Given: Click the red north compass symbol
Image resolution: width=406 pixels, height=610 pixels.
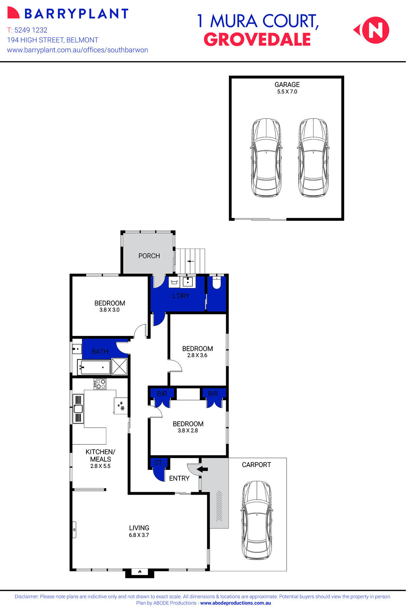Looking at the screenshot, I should (375, 30).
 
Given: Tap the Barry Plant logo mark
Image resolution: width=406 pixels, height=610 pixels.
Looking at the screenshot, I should (13, 13).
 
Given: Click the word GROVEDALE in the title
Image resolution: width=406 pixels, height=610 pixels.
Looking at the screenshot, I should (257, 40).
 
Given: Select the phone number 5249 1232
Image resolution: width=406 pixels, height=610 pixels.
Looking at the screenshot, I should (31, 30).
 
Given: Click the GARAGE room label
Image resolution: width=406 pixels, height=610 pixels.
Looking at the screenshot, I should (287, 85).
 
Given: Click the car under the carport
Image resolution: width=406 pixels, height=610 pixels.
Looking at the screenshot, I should (257, 520).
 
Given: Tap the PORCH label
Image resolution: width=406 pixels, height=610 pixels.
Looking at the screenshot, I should (149, 256).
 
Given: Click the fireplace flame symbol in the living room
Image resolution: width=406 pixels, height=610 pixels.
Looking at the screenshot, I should (140, 571).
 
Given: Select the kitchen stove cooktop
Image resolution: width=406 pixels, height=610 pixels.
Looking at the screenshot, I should (100, 384).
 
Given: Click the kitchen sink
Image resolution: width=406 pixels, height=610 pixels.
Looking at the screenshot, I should (78, 408).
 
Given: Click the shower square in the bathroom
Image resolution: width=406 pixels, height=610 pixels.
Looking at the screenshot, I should (120, 366).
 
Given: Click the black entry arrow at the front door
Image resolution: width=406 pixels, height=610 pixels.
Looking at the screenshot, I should (202, 469).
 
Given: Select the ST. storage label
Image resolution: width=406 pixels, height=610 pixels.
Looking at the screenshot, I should (159, 463).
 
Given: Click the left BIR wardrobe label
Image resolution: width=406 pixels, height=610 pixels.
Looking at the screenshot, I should (162, 394).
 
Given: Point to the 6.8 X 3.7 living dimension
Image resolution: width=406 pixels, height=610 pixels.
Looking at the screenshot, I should (139, 535).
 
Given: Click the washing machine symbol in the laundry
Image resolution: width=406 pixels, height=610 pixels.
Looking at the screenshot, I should (174, 282).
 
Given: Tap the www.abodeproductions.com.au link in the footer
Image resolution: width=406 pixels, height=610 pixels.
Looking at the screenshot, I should (235, 603).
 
